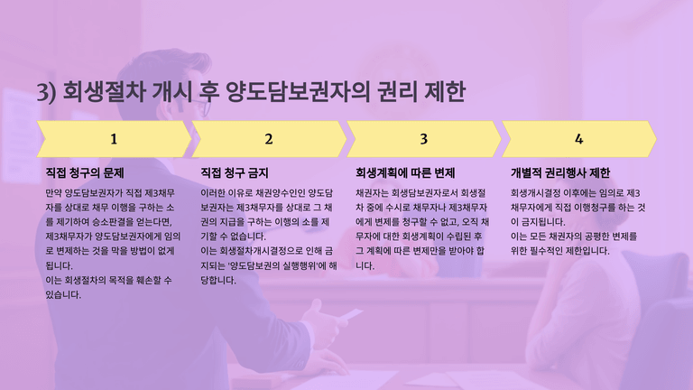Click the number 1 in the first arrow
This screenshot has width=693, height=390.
click(114, 139)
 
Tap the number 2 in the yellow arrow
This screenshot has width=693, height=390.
click(269, 139)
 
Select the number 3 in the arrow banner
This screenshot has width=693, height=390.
click(424, 139)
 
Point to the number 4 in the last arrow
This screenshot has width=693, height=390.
click(579, 139)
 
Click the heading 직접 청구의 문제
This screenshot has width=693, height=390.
click(85, 173)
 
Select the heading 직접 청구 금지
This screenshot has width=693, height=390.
click(235, 173)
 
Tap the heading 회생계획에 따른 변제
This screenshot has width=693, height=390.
click(405, 173)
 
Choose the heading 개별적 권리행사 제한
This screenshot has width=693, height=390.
click(560, 173)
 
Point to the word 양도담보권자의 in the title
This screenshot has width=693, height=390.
click(297, 91)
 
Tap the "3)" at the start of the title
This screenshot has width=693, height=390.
click(46, 92)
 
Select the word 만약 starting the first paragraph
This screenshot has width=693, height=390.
click(54, 193)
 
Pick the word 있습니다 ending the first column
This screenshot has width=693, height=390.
click(63, 295)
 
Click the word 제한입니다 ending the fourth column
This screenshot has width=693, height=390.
click(587, 251)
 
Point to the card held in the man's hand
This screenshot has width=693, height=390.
click(352, 315)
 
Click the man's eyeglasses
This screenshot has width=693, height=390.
click(200, 107)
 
